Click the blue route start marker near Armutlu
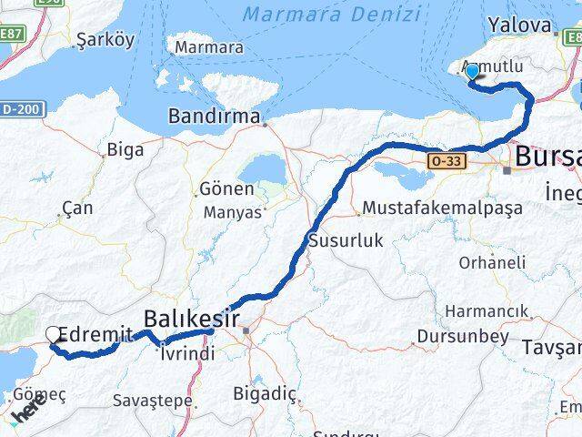click(472, 74)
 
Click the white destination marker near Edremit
click(53, 336)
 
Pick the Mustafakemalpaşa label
click(441, 208)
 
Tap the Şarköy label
click(105, 39)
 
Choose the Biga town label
click(125, 149)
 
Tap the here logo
click(28, 411)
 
